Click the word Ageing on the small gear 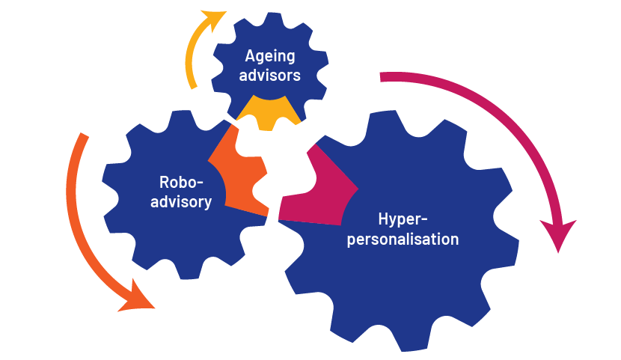[x=270, y=57]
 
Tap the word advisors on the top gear [x=269, y=76]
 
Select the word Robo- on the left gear [x=181, y=182]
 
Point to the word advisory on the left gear [x=181, y=202]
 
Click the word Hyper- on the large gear [x=403, y=220]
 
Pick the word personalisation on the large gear [x=403, y=240]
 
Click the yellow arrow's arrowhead [x=214, y=19]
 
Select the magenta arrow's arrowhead [x=558, y=234]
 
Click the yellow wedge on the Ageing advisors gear [x=269, y=113]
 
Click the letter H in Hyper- [x=383, y=219]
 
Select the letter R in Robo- [x=164, y=182]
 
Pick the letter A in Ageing [x=250, y=56]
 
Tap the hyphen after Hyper [x=424, y=221]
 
